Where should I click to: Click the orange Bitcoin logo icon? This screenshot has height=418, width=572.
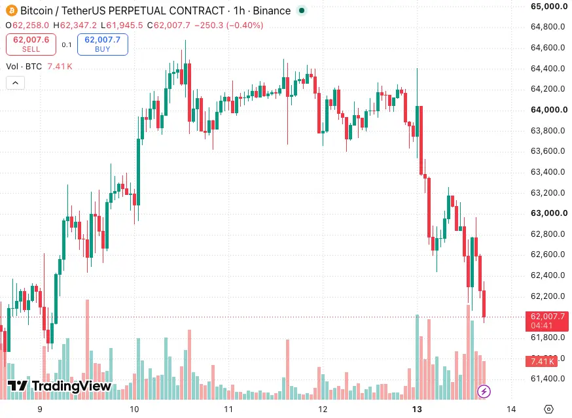(12, 10)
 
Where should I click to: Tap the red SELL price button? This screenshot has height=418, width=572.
(31, 44)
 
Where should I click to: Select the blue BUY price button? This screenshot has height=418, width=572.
(103, 44)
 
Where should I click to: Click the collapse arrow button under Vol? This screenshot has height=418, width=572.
(15, 83)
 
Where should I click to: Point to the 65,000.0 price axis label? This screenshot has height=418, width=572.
(548, 6)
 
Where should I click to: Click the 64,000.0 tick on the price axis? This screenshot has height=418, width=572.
(548, 110)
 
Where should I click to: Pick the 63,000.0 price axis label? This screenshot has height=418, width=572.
(548, 213)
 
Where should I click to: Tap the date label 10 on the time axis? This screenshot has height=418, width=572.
(134, 409)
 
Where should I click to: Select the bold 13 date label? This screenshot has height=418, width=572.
(417, 409)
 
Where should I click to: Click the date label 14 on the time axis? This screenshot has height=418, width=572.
(511, 409)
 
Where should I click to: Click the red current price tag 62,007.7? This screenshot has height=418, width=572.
(547, 321)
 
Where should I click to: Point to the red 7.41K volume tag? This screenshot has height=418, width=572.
(541, 362)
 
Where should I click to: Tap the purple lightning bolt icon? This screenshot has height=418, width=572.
(484, 391)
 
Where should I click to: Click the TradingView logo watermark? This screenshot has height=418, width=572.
(60, 386)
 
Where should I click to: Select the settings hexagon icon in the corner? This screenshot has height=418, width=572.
(548, 409)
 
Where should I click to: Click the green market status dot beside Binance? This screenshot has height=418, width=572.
(302, 10)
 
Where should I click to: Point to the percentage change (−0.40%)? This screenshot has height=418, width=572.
(244, 25)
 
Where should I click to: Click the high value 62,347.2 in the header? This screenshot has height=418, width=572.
(79, 25)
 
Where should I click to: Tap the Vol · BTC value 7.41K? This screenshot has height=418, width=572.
(60, 66)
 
